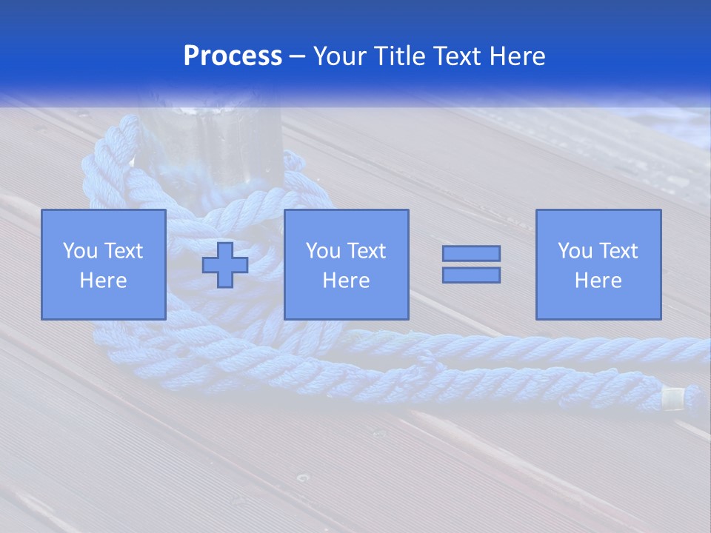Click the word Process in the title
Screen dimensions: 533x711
(x=233, y=56)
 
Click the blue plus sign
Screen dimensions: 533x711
(x=225, y=265)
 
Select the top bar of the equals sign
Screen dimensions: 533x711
(x=471, y=253)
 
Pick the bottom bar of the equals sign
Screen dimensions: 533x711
(x=471, y=275)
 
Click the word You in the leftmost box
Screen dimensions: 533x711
(x=79, y=251)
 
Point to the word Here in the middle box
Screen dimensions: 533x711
(x=346, y=281)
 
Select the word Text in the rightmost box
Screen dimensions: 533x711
(x=619, y=251)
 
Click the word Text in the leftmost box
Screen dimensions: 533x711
(x=124, y=251)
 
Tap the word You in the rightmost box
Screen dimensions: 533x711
(x=575, y=251)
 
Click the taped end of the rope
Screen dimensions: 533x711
(x=673, y=400)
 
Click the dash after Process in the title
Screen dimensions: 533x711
(x=297, y=57)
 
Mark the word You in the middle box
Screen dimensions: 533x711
(x=323, y=251)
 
